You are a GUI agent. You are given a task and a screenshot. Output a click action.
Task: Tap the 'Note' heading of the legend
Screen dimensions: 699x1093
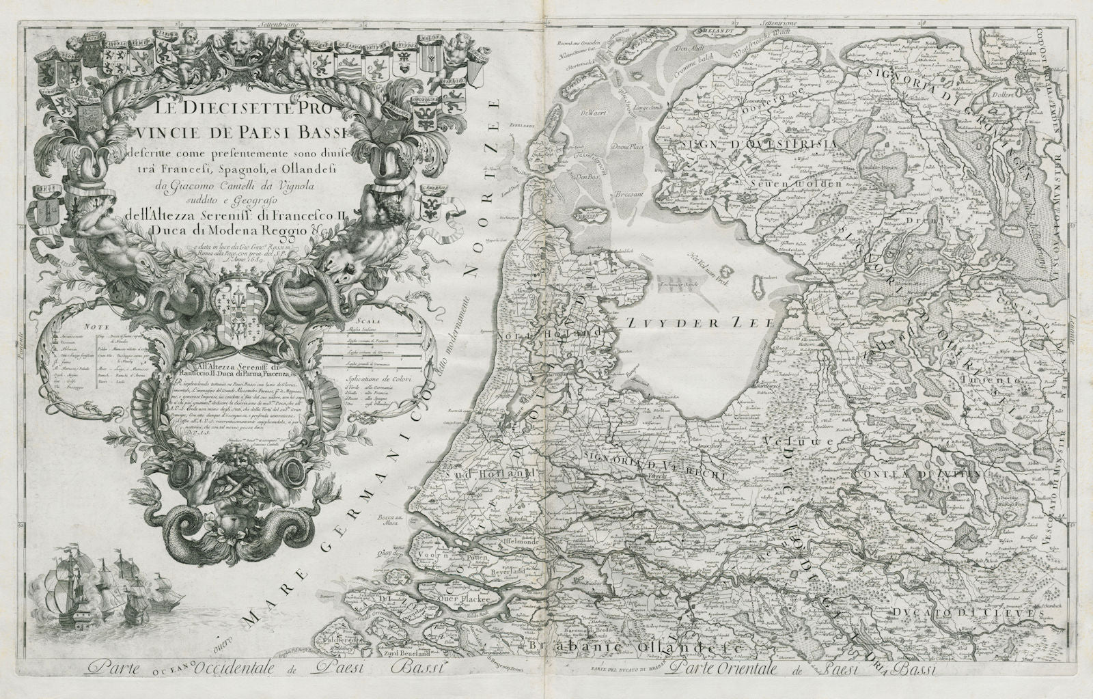coord(93,327)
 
